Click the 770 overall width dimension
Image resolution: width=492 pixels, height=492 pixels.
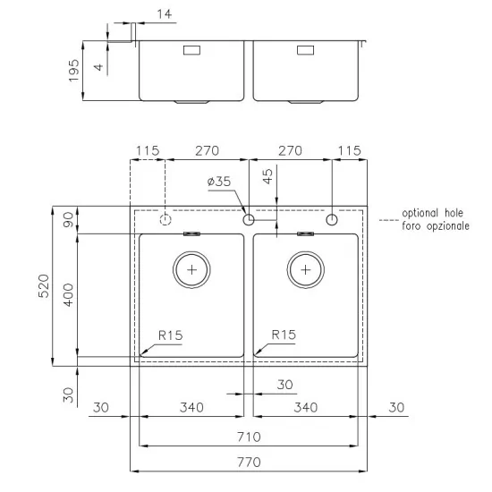tap(249, 462)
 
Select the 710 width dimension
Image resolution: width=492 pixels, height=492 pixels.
tap(249, 437)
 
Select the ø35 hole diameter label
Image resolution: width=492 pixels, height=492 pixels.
tap(219, 182)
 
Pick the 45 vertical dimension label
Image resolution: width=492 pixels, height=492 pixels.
tap(267, 176)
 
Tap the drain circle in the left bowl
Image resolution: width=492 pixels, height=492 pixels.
tap(191, 268)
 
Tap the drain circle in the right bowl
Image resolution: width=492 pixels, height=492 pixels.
tap(306, 268)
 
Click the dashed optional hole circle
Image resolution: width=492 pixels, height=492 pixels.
tap(165, 219)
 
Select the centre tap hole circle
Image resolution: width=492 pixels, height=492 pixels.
tap(249, 219)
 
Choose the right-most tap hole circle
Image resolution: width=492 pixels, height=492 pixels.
tap(332, 219)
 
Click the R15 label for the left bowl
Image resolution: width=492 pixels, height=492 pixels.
tap(170, 335)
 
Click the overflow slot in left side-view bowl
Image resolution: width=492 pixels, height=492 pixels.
tap(191, 51)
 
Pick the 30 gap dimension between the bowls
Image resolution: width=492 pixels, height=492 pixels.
tap(284, 385)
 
